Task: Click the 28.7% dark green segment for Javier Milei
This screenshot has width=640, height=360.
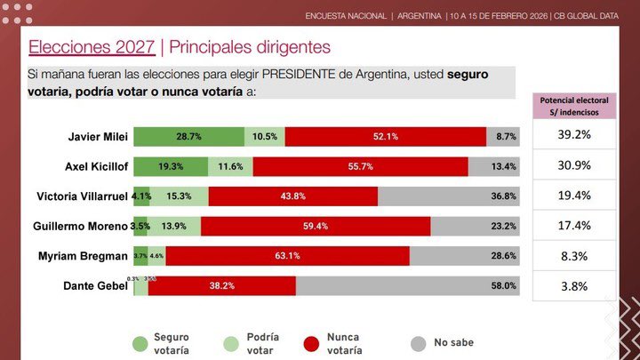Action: [x=188, y=136]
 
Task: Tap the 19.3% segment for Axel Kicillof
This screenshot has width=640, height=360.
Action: [x=171, y=166]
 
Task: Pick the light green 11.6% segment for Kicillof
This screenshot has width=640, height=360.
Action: [x=230, y=166]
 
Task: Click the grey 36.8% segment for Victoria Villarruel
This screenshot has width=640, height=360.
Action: [x=448, y=196]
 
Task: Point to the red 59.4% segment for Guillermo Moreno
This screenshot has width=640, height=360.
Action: [x=316, y=227]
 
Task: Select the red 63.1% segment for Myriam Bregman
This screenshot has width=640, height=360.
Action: [x=287, y=256]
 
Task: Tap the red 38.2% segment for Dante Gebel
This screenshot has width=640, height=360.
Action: [x=221, y=285]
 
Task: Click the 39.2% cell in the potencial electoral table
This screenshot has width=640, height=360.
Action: [x=574, y=136]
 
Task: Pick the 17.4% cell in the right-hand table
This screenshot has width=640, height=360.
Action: [x=574, y=227]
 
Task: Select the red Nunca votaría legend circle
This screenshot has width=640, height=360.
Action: [x=310, y=343]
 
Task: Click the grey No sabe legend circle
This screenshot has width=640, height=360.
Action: [x=417, y=343]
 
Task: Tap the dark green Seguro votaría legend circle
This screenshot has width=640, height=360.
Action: [x=139, y=343]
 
